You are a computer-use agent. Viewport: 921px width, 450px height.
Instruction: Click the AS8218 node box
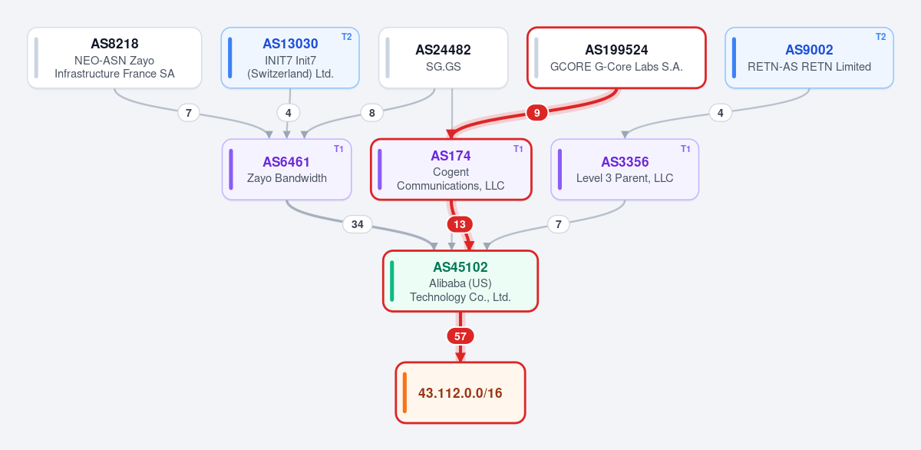click(x=114, y=58)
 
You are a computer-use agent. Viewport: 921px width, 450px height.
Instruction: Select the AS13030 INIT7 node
click(x=290, y=58)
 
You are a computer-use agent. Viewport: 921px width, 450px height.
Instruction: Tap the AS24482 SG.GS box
click(x=444, y=58)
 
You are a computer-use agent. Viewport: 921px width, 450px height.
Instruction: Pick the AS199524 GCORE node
click(x=616, y=58)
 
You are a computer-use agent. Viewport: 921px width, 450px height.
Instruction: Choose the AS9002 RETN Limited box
click(x=809, y=58)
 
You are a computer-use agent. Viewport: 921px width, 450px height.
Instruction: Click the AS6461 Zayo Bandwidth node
click(x=286, y=170)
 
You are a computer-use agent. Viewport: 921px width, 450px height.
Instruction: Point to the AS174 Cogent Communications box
click(x=451, y=170)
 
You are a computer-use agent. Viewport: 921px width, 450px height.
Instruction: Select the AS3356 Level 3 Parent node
click(x=625, y=170)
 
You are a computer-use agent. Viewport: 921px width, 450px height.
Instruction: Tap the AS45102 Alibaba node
click(x=460, y=281)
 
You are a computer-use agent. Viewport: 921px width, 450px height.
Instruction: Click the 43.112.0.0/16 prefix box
click(x=460, y=392)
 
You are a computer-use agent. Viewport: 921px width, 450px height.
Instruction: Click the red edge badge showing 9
click(x=536, y=113)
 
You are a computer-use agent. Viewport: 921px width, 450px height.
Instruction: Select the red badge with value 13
click(x=460, y=224)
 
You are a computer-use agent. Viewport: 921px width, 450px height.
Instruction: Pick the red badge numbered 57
click(x=460, y=336)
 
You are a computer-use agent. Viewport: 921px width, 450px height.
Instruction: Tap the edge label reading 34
click(x=358, y=224)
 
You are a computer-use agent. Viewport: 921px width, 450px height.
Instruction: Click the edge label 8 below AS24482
click(x=371, y=113)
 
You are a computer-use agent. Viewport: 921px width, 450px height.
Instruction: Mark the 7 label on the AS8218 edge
click(x=188, y=113)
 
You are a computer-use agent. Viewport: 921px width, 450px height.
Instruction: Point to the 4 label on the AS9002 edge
click(x=721, y=113)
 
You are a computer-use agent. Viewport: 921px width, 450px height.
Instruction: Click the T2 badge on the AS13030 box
click(x=347, y=37)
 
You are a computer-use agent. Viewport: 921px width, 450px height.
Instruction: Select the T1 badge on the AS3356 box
click(x=685, y=149)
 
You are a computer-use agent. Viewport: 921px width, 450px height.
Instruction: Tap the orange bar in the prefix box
click(x=404, y=392)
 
